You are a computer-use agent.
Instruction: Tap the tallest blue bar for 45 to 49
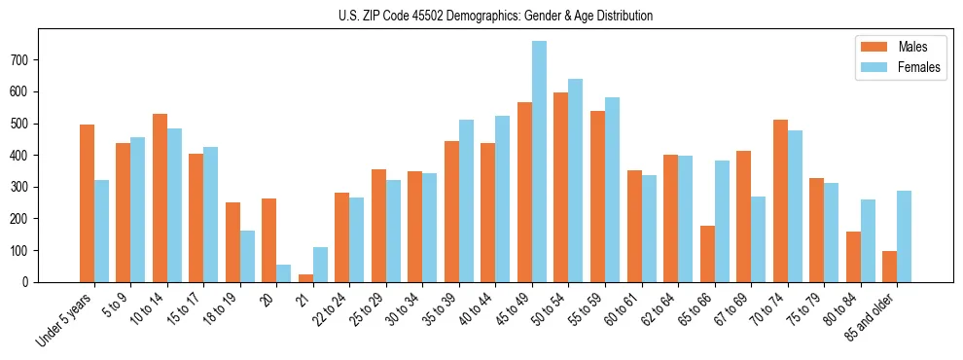[539, 162]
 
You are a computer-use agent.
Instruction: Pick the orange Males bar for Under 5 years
[88, 203]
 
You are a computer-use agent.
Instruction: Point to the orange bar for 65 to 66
[707, 254]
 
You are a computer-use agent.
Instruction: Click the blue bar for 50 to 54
[576, 181]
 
